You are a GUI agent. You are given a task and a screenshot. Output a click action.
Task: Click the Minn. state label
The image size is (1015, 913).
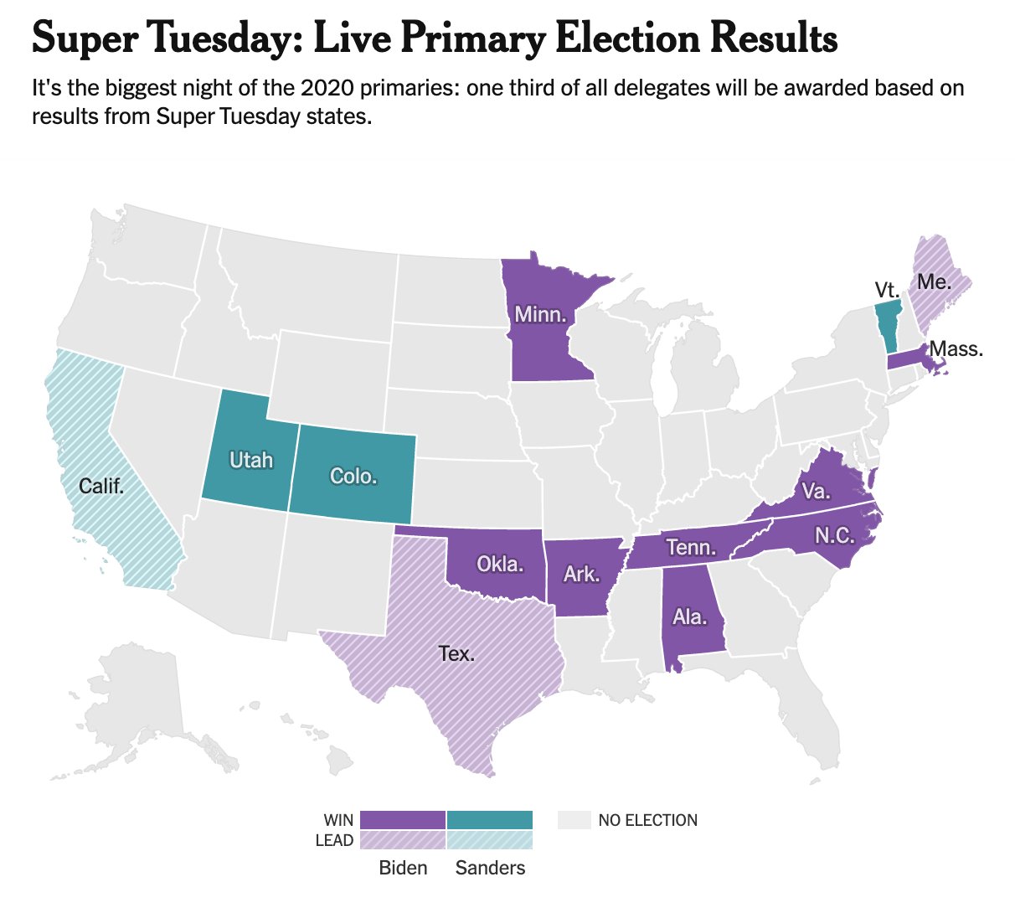[540, 315]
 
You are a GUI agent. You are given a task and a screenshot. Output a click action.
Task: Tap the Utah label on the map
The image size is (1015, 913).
[251, 460]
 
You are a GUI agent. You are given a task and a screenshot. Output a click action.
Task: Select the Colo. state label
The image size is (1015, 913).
[353, 477]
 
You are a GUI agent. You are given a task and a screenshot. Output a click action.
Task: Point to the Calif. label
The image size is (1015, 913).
[101, 486]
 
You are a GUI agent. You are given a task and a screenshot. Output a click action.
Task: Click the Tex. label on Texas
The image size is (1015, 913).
[456, 653]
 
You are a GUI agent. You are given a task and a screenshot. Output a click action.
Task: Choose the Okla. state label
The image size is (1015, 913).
[500, 564]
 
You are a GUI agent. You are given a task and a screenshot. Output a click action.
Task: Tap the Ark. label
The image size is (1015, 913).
[581, 574]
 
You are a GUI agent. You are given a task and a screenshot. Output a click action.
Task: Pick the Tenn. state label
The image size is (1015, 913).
[691, 548]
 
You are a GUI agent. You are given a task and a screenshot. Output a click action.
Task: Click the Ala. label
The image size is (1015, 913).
[690, 617]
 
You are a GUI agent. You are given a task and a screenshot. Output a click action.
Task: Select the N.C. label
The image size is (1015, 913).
[834, 535]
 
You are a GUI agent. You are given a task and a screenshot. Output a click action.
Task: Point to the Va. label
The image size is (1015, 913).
[815, 491]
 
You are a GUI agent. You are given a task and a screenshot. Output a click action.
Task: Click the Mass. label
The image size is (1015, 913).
[956, 348]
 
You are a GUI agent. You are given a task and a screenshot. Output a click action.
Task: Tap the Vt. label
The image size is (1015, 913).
[887, 291]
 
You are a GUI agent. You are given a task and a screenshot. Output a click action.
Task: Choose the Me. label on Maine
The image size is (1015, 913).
[934, 281]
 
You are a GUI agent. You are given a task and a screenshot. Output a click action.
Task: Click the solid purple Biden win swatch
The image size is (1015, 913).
[402, 819]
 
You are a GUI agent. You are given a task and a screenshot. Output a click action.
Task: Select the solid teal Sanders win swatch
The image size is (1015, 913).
[490, 819]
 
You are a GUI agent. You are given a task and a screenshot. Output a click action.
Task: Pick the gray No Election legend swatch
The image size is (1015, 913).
[574, 820]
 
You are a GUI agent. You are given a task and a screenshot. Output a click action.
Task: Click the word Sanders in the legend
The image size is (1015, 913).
[490, 868]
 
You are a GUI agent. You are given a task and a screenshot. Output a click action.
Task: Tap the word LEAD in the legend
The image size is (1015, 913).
[334, 840]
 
